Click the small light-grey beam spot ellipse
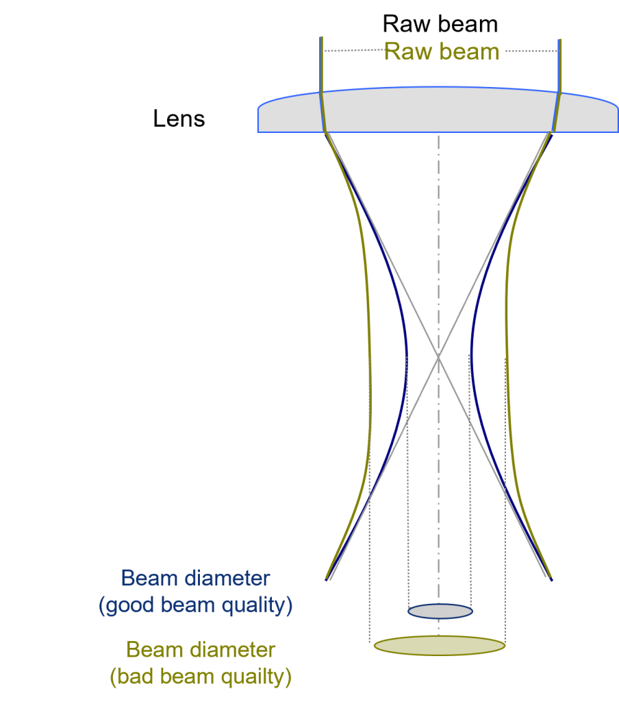(x=440, y=611)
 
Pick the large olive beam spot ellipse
(x=439, y=646)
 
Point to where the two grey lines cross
(x=438, y=356)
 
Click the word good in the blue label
(x=134, y=606)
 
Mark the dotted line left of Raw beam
(x=353, y=51)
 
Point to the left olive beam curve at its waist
(x=370, y=356)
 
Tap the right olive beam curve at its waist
(x=507, y=356)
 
